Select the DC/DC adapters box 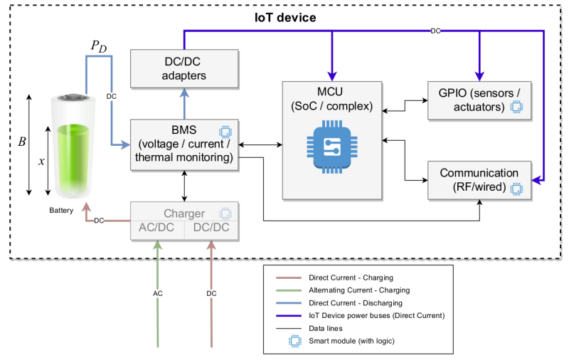click(184, 68)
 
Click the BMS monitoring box click(184, 144)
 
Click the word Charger click(184, 213)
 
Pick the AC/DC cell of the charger click(157, 229)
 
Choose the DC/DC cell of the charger click(211, 229)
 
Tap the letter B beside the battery click(21, 142)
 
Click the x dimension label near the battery click(41, 162)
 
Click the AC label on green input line click(157, 293)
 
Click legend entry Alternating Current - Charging click(359, 290)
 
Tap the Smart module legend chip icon click(295, 341)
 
